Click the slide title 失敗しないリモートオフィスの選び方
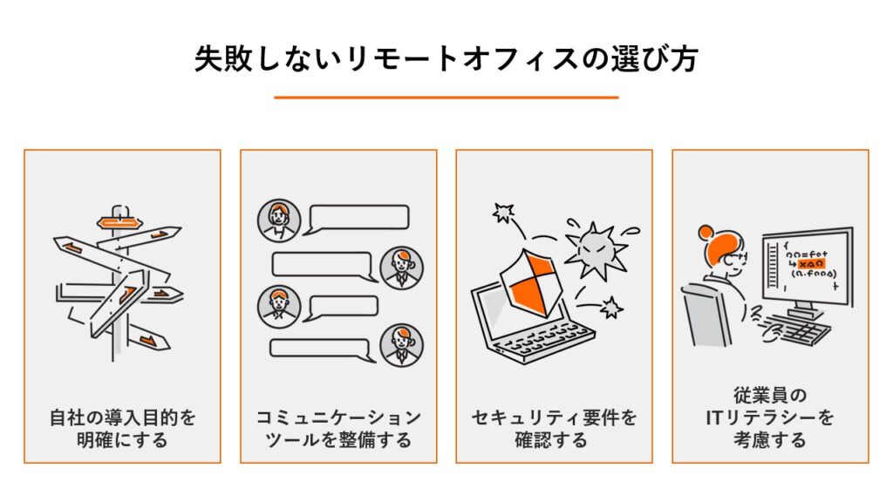[446, 59]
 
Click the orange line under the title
[446, 98]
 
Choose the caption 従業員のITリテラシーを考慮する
[770, 417]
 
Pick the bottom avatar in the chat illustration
[401, 346]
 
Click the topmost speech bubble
[360, 218]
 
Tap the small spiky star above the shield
[503, 212]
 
